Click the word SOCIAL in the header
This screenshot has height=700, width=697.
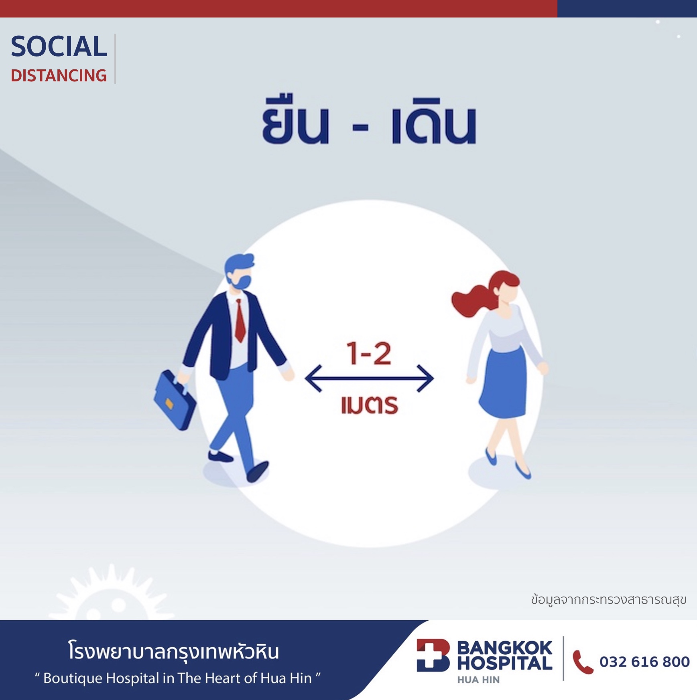coord(59,47)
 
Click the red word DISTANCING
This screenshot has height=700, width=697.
coord(59,76)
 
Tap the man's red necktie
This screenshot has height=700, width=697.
coord(240,321)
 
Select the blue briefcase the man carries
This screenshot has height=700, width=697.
coord(175,399)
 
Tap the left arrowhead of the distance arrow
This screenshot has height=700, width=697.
coord(313,378)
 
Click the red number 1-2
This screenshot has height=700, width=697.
coord(369,354)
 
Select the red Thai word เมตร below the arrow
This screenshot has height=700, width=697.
coord(370,405)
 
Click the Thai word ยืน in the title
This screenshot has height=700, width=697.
coord(296,120)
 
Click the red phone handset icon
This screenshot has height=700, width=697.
coord(582,662)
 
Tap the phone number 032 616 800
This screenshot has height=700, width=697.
coord(644,662)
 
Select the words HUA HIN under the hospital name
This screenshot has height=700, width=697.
coord(478,680)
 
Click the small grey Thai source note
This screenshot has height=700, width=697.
coord(608,600)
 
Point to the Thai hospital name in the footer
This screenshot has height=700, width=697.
coord(173,651)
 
